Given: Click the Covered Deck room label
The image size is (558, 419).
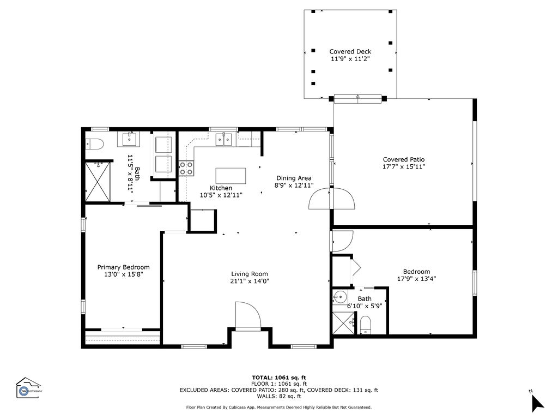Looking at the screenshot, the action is [350, 52].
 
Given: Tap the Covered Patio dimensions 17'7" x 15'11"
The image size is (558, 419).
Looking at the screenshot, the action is [404, 167].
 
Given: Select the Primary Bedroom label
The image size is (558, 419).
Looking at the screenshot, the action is [124, 267].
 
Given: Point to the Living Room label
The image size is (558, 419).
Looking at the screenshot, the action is [250, 274].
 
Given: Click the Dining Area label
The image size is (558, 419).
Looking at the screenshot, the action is [294, 178].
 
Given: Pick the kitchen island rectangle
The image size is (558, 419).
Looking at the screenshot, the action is [231, 176].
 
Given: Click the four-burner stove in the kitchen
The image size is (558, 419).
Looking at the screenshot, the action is [186, 168].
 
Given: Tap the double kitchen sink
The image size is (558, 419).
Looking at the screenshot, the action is [223, 139].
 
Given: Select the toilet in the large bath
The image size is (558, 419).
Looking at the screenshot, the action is [95, 144].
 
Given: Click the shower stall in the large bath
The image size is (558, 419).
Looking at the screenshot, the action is [98, 181].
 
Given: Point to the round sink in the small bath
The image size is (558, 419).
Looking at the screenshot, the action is [339, 296].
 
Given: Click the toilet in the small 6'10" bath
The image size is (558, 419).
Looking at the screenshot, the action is [366, 325].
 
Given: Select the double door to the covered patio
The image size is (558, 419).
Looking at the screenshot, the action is [332, 198].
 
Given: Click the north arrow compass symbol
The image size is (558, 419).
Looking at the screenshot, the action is [537, 402].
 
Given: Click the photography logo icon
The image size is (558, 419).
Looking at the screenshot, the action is [28, 388].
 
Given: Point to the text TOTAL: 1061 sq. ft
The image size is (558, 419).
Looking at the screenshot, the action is [279, 378].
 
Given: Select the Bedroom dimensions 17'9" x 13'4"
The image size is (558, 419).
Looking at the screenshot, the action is [417, 279].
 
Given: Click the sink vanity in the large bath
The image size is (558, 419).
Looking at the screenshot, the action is [129, 139].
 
